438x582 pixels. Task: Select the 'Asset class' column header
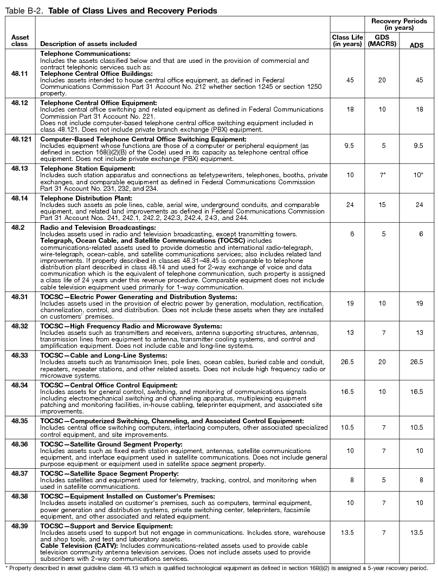pos(20,41)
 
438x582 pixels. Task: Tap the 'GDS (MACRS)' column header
pos(382,41)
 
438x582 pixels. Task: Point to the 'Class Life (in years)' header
pos(347,41)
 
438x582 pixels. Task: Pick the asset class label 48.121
pos(20,139)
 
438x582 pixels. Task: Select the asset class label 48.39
pos(20,526)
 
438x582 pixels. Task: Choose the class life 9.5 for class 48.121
pos(350,145)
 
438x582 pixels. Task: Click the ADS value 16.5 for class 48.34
pos(416,397)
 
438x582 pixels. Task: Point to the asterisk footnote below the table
pos(216,568)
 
